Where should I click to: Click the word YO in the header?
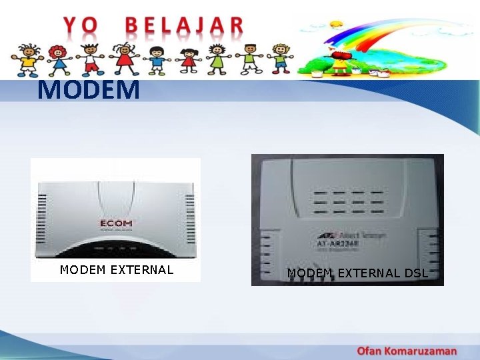(x=80, y=26)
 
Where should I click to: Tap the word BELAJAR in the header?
(x=185, y=26)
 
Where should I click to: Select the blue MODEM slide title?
(x=89, y=89)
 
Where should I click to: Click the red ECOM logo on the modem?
(x=116, y=223)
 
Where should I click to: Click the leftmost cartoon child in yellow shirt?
(x=28, y=59)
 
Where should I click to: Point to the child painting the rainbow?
(x=342, y=60)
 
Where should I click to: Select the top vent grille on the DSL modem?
(x=348, y=201)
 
